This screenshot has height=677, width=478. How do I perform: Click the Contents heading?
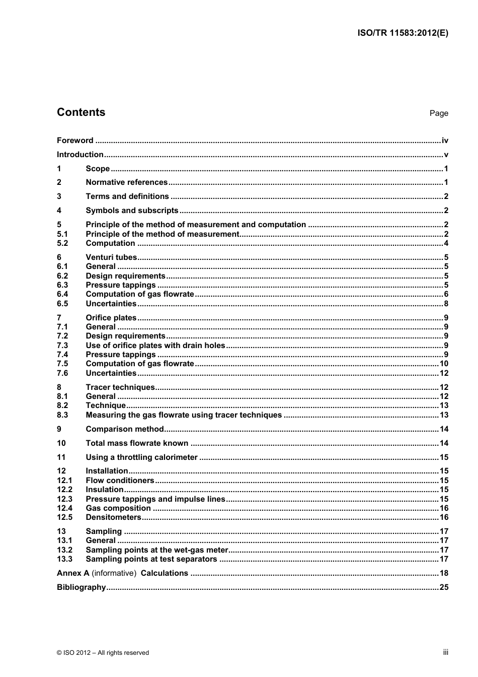[x=81, y=112]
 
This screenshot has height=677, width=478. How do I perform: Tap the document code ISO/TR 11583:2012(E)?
[x=403, y=33]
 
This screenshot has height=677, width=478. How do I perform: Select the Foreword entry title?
[x=75, y=141]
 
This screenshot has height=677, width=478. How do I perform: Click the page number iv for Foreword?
[x=444, y=141]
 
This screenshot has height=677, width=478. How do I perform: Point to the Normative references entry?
[x=126, y=182]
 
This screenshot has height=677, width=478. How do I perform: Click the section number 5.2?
[x=62, y=243]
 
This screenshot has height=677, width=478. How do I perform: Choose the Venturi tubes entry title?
[x=111, y=257]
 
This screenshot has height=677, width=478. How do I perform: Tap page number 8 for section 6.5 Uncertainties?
[x=446, y=304]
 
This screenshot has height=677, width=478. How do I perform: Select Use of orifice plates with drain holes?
[x=155, y=346]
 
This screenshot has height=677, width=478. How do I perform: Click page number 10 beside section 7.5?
[x=444, y=364]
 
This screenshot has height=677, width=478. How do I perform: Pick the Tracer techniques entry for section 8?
[x=120, y=387]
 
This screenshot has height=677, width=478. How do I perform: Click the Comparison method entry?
[x=125, y=429]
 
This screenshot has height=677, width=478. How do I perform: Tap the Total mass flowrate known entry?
[x=137, y=443]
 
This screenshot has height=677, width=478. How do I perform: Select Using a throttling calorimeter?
[x=141, y=457]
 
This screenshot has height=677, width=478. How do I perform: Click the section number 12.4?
[x=64, y=508]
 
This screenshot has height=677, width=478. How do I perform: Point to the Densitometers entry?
[x=114, y=517]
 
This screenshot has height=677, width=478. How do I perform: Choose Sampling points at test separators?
[x=151, y=559]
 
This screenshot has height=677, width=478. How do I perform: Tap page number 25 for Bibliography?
[x=444, y=587]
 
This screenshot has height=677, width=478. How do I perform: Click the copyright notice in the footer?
[x=103, y=653]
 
